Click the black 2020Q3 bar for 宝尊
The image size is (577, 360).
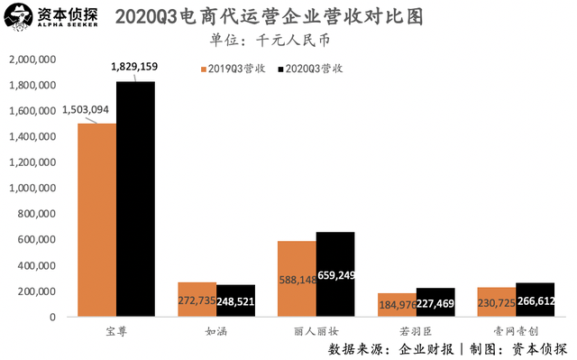coord(135,198)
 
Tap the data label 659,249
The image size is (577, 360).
coord(335,278)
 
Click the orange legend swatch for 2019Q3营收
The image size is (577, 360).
coord(203,69)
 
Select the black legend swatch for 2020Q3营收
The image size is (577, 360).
coord(281,69)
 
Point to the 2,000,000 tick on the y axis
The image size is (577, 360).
coord(33,60)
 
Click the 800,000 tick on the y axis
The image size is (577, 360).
coord(38,214)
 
